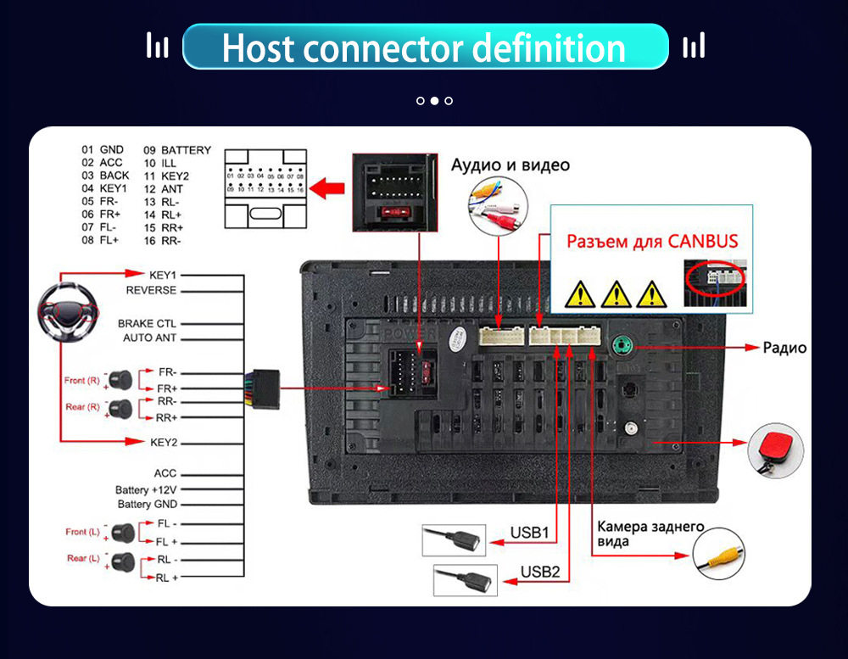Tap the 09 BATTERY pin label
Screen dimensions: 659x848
pyautogui.click(x=177, y=150)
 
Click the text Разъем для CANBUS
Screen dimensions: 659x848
pyautogui.click(x=652, y=240)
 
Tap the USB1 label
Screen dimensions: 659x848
pyautogui.click(x=529, y=533)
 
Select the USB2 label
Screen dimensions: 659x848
pyautogui.click(x=540, y=572)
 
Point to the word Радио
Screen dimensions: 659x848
pyautogui.click(x=784, y=348)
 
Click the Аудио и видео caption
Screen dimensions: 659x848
pyautogui.click(x=510, y=165)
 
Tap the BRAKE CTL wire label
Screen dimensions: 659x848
pyautogui.click(x=147, y=323)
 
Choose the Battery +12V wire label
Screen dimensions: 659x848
pyautogui.click(x=146, y=490)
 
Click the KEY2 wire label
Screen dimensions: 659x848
pyautogui.click(x=163, y=443)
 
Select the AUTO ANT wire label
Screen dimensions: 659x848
pyautogui.click(x=149, y=338)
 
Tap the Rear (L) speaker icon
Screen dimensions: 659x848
pyautogui.click(x=122, y=560)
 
